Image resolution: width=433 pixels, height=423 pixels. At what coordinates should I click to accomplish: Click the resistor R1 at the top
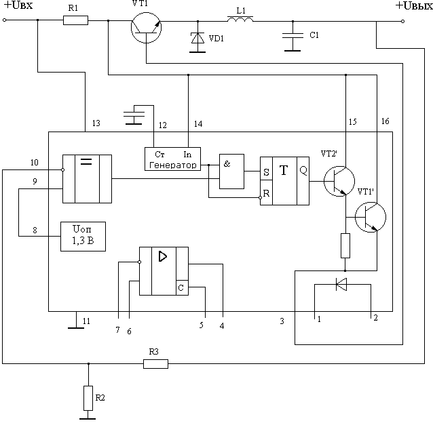click(x=75, y=20)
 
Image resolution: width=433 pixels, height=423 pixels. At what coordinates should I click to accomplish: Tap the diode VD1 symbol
click(x=197, y=39)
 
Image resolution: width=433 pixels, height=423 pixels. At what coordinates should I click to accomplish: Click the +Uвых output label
click(x=413, y=6)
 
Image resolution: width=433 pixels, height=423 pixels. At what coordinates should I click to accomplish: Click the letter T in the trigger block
click(x=284, y=171)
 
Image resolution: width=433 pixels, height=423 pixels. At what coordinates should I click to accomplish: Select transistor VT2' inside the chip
click(x=337, y=181)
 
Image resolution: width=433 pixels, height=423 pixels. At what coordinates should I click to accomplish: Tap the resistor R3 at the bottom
click(x=156, y=364)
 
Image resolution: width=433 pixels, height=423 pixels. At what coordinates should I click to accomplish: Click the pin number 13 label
click(x=96, y=123)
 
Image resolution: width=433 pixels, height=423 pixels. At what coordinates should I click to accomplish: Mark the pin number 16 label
click(x=385, y=122)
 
